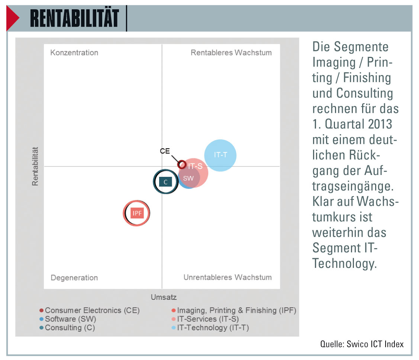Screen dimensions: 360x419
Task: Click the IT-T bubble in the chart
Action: pos(220,155)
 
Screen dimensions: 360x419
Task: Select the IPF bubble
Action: pos(137,213)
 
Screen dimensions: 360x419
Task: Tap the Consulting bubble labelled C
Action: pos(165,182)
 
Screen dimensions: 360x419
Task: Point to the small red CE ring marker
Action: pos(182,164)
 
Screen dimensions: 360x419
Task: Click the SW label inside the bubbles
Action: pos(188,178)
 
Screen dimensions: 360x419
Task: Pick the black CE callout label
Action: pos(165,151)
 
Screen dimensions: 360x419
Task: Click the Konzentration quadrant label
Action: pos(74,53)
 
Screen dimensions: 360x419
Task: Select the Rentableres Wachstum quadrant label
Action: pos(231,53)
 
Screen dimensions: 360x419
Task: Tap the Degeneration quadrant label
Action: pos(74,278)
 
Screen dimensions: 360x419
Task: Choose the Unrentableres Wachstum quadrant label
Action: pos(228,278)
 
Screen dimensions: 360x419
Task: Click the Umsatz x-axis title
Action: pos(164,297)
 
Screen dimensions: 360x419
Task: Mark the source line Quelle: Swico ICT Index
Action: pos(361,344)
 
